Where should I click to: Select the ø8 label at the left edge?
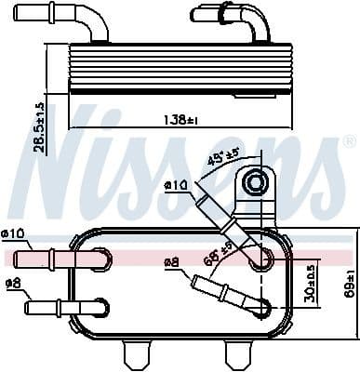[12, 283]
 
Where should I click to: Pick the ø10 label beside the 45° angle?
[177, 185]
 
